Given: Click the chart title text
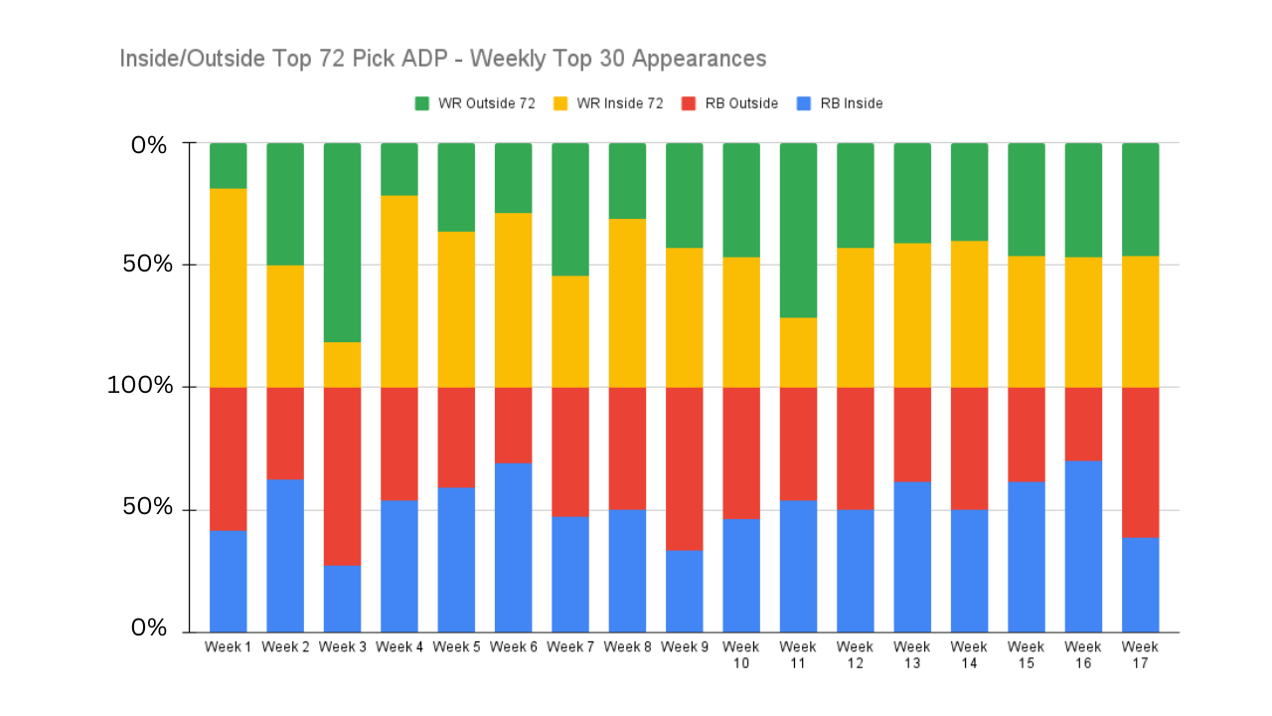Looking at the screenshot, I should (x=442, y=59).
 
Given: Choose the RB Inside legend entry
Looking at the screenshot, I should (x=840, y=103).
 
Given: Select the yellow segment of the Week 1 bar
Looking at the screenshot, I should (x=229, y=287).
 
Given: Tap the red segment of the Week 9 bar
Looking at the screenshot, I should (x=685, y=468).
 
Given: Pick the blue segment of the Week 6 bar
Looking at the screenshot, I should (x=514, y=547).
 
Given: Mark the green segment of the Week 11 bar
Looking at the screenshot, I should (x=798, y=230).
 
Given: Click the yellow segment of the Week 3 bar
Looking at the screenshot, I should (x=343, y=365).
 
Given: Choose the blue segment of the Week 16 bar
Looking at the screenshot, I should (x=1083, y=546).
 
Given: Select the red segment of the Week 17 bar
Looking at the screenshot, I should (x=1140, y=462).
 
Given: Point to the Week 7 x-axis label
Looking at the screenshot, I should (x=570, y=647).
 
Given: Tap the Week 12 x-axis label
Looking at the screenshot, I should (x=856, y=654).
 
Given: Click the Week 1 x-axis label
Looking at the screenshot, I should (x=229, y=647).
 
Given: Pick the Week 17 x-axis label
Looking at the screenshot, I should (x=1140, y=654).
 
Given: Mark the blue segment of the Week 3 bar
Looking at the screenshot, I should (x=343, y=599).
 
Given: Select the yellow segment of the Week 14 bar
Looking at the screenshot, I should (x=969, y=313).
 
